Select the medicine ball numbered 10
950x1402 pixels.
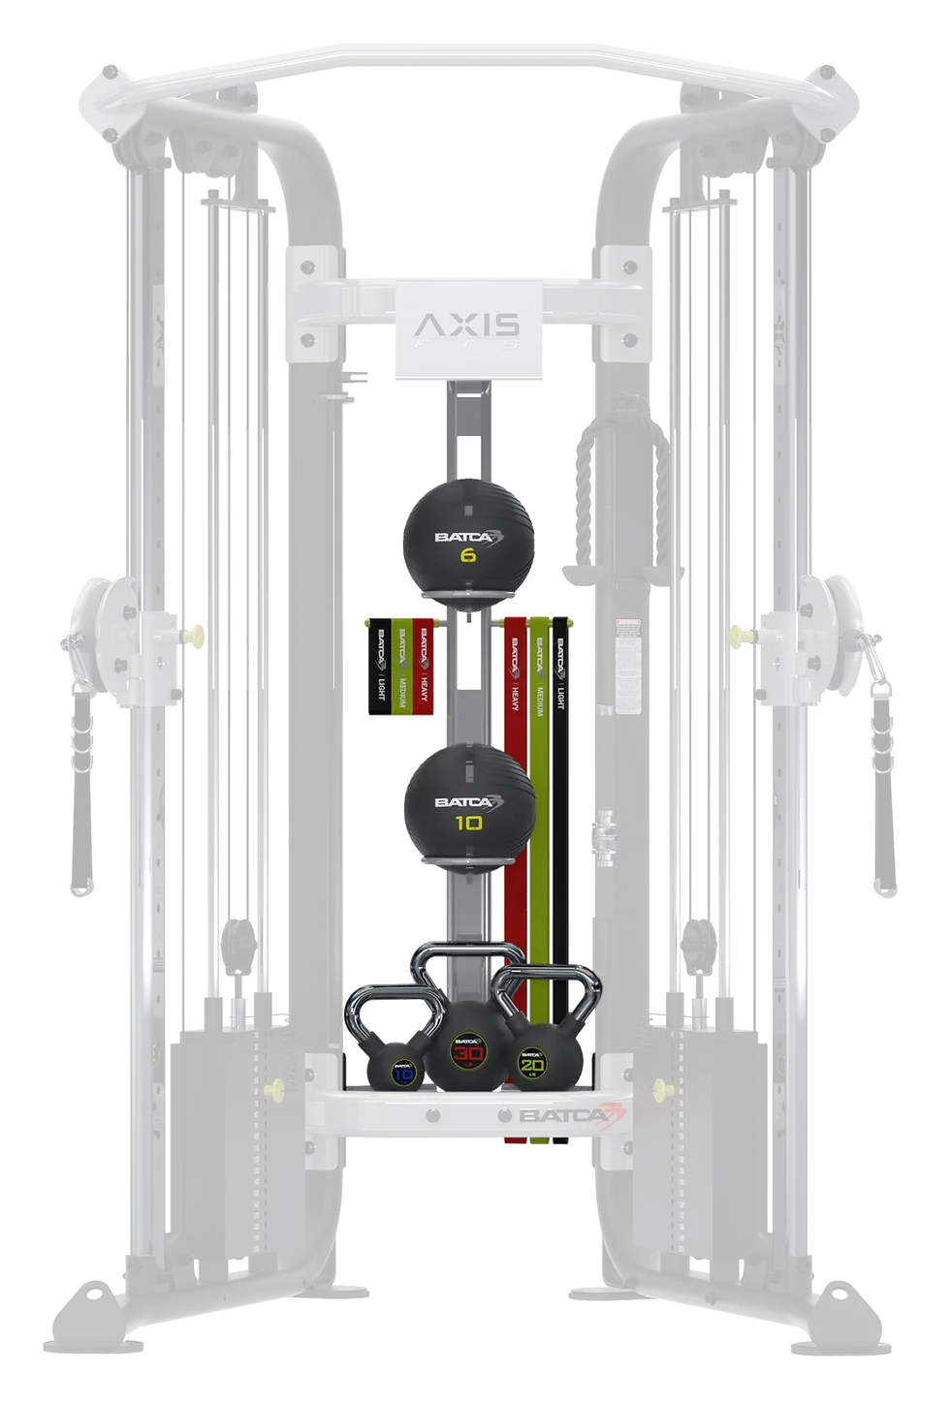click(469, 804)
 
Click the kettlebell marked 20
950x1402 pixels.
click(530, 1061)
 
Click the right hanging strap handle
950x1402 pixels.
click(881, 785)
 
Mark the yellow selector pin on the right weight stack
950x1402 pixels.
click(662, 1089)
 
